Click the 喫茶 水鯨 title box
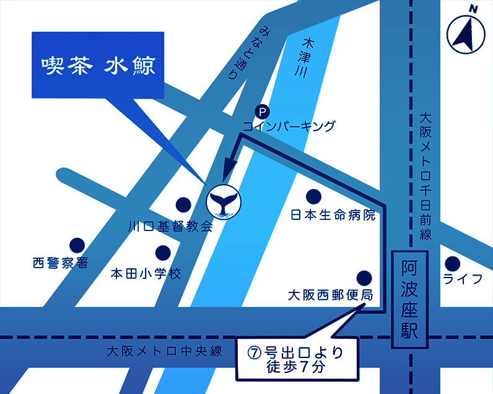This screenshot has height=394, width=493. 98,65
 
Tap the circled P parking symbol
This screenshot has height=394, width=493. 263,112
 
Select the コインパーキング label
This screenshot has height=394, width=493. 289,126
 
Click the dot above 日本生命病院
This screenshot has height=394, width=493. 315,197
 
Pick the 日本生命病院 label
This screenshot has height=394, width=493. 333,216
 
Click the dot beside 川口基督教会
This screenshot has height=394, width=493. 183,204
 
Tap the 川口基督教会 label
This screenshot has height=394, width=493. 170,226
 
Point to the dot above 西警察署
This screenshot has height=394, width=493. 77,245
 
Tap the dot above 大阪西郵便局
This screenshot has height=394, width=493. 364,276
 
